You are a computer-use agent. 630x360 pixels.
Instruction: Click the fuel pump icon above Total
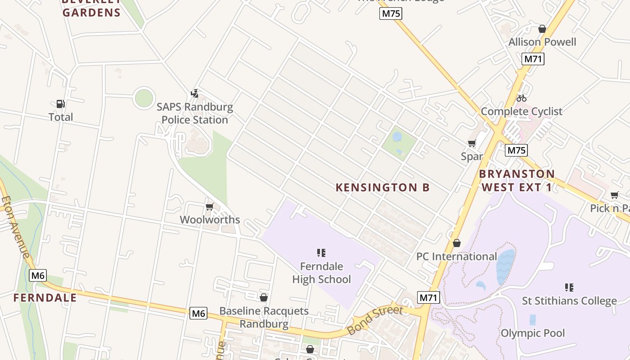point(60,104)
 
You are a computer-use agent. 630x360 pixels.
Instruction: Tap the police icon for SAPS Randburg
point(194,94)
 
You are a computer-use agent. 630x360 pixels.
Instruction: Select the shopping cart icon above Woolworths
point(209,207)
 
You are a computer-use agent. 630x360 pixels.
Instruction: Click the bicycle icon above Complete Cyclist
point(522,98)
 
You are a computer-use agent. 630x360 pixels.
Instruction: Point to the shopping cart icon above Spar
point(472,144)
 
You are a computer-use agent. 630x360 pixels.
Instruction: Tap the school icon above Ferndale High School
point(321,253)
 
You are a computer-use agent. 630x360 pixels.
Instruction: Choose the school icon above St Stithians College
point(569,287)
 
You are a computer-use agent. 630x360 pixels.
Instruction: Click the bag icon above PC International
point(457,243)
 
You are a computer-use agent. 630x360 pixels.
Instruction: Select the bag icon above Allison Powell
point(542,29)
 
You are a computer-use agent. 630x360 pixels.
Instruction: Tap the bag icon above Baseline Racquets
point(264,297)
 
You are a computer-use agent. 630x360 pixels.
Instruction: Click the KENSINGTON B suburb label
point(382,188)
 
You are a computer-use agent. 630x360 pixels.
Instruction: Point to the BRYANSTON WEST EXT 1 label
point(517,180)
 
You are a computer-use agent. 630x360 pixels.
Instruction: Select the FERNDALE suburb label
point(45,298)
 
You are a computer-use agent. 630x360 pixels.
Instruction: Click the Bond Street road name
point(374,320)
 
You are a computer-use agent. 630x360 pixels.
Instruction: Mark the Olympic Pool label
point(532,333)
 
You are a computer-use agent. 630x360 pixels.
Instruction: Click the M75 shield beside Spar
point(516,150)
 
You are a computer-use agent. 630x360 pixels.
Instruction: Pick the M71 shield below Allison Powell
point(533,59)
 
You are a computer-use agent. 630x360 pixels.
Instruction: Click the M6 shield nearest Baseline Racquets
point(198,313)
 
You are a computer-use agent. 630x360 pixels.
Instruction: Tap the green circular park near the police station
point(144,98)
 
